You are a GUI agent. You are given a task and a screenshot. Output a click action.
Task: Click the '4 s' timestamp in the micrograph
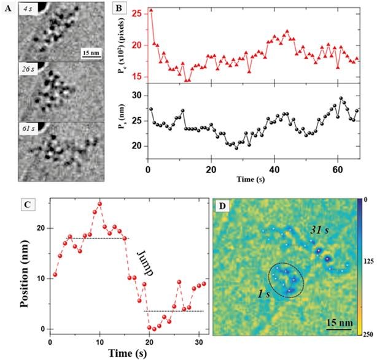coord(28,9)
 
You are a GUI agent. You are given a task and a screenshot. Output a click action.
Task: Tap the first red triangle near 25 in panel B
coord(151,10)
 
